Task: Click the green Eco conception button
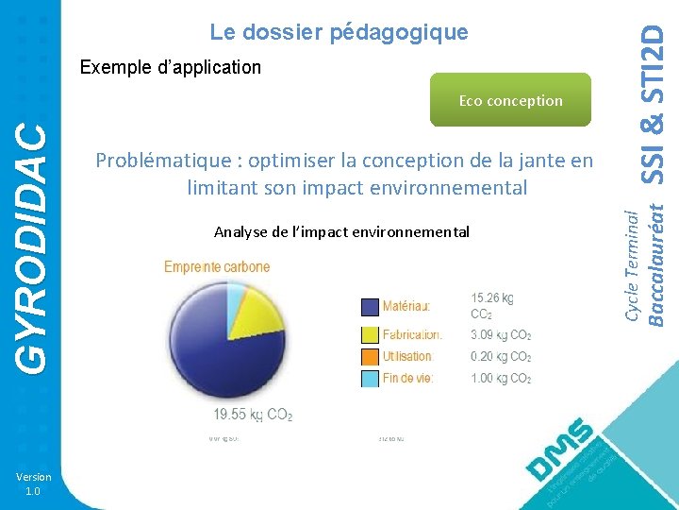[510, 100]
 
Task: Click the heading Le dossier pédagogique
[339, 32]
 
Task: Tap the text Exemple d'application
[171, 67]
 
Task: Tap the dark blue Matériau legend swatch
[371, 307]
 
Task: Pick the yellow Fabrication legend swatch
[371, 334]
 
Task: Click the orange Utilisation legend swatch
[371, 357]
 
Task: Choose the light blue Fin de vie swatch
[371, 379]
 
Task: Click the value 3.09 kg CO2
[501, 334]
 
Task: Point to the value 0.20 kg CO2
[501, 357]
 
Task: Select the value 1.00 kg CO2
[501, 379]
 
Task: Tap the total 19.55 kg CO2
[253, 414]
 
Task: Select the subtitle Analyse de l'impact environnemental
[341, 232]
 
